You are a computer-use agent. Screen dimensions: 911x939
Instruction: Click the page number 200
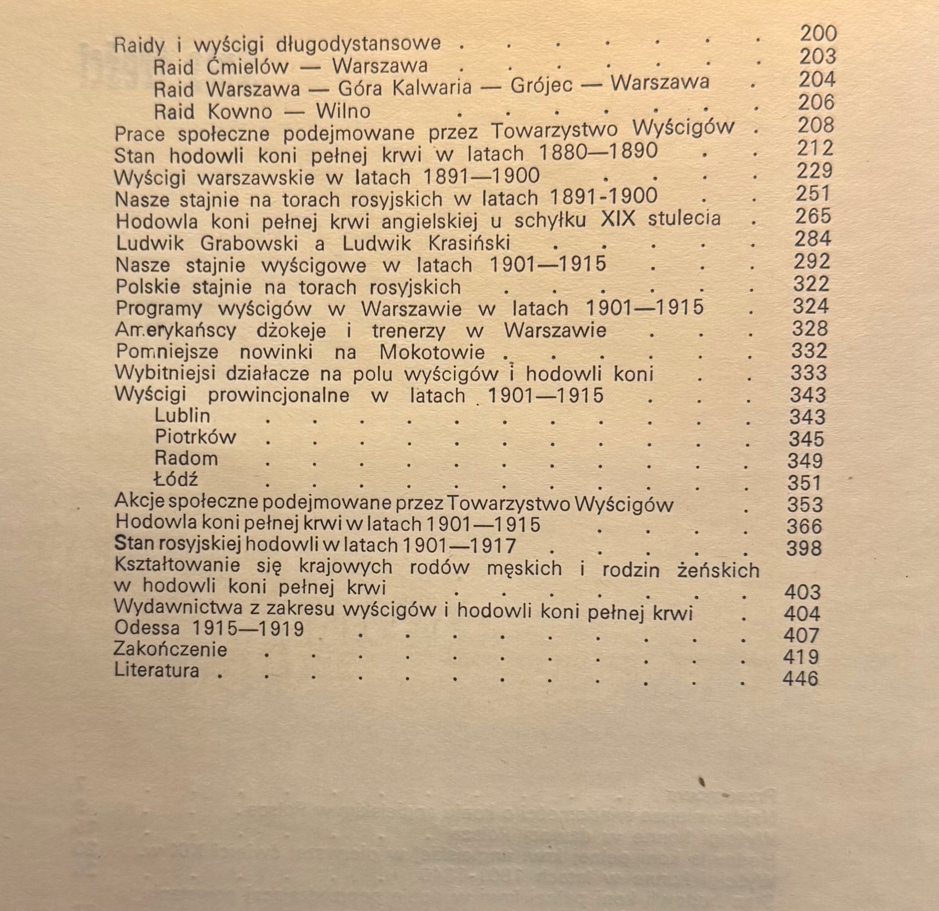(818, 34)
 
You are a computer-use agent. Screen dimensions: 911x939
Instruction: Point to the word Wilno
(343, 112)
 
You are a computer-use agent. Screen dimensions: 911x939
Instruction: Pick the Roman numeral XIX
(618, 219)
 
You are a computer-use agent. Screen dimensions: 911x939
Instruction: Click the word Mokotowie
(432, 352)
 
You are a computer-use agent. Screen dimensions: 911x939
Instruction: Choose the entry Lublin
(182, 415)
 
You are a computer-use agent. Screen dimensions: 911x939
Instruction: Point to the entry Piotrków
(195, 437)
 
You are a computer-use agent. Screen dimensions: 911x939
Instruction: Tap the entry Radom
(186, 458)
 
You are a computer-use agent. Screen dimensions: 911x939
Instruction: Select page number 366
(804, 526)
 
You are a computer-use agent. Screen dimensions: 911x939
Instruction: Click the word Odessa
(147, 628)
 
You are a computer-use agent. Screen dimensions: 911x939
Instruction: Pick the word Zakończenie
(170, 649)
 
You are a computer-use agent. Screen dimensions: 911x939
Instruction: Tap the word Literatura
(156, 671)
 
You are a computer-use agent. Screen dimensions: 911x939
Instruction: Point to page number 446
(801, 679)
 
